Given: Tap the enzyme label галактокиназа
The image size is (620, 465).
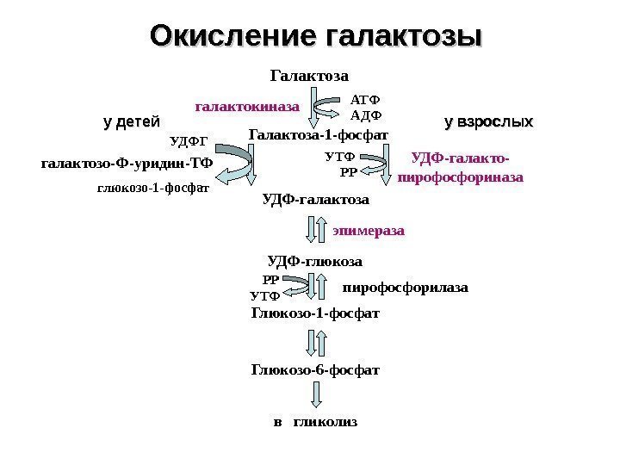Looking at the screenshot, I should tap(248, 108).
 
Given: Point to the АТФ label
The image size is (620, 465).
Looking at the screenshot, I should tap(367, 99).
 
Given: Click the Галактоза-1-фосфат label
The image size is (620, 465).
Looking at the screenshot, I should tap(319, 135).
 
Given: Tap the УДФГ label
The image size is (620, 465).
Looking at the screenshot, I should tap(189, 139).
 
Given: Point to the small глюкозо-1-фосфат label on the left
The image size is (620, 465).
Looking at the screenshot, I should tap(153, 184).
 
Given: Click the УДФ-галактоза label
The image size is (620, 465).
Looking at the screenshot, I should tap(314, 200).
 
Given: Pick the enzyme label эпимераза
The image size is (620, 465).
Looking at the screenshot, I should tap(369, 231).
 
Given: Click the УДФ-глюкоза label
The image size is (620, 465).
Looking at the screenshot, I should tap(315, 260).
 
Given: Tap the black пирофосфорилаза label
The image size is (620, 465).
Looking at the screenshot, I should tap(406, 287).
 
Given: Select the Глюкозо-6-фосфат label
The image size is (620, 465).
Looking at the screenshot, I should tap(315, 370).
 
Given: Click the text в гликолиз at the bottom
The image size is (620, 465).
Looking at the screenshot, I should tap(315, 423).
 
